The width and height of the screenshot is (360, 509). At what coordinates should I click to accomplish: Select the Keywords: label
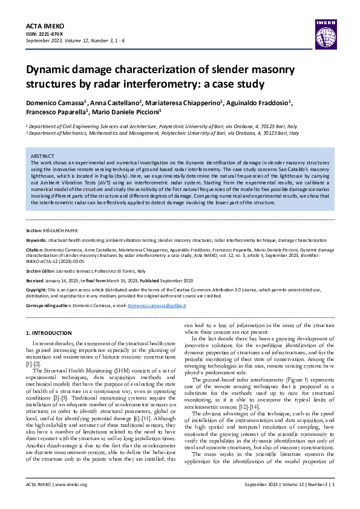pos(38,241)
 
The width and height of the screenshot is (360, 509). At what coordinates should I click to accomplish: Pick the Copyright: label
pos(39,290)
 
